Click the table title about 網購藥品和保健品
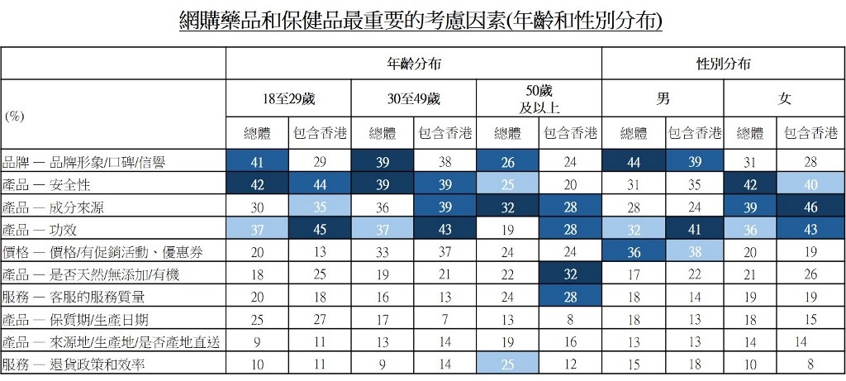click(x=421, y=21)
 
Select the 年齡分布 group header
click(x=413, y=63)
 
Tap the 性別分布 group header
click(x=724, y=63)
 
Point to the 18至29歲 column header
click(x=288, y=99)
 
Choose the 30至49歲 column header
click(x=413, y=99)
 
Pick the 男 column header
click(x=663, y=99)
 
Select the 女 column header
click(x=785, y=99)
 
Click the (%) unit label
click(x=15, y=117)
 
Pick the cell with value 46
click(x=815, y=205)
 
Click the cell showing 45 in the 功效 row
click(x=320, y=229)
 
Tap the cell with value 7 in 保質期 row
click(x=445, y=318)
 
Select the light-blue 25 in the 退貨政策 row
click(x=507, y=363)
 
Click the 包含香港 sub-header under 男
click(x=694, y=133)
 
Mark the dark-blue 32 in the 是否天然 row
click(x=570, y=273)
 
